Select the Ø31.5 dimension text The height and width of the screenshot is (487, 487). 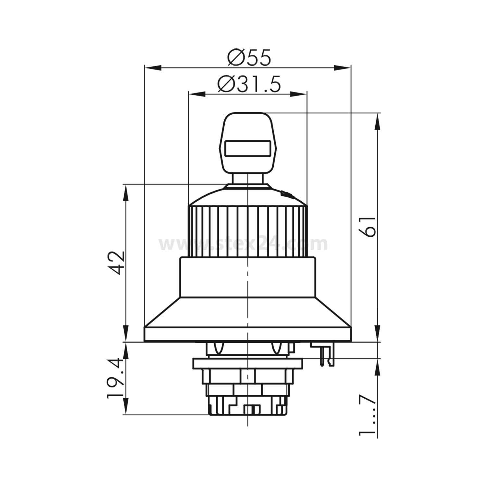point(249,84)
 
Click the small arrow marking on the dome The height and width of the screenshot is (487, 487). point(287,195)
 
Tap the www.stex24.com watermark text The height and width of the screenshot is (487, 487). point(243,244)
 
